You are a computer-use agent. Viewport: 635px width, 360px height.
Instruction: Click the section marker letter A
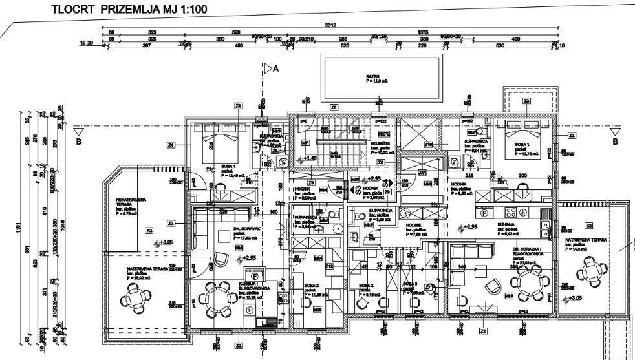click(x=275, y=69)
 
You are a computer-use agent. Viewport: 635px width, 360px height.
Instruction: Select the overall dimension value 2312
click(x=330, y=25)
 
